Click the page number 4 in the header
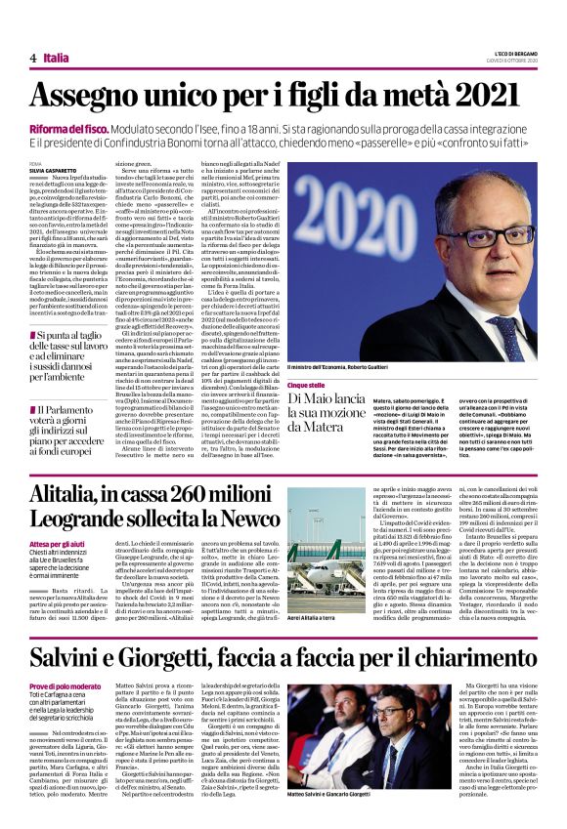pos(32,58)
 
